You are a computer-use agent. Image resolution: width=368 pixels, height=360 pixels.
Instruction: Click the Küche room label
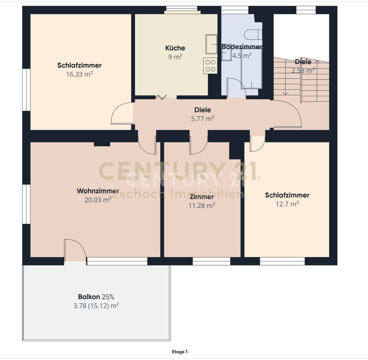click(x=175, y=48)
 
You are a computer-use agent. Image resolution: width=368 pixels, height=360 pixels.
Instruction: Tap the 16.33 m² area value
click(x=79, y=74)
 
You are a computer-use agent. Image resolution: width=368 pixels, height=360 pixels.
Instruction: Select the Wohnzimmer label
click(x=98, y=191)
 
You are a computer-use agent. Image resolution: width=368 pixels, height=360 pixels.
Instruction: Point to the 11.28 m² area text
click(x=202, y=206)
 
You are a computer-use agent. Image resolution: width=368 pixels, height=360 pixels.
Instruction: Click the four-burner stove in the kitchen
click(x=210, y=66)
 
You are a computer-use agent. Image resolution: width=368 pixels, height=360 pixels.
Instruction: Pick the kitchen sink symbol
click(x=211, y=44)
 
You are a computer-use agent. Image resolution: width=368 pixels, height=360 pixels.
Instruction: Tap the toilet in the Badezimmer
click(x=253, y=35)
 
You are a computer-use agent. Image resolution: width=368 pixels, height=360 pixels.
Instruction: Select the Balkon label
click(x=89, y=297)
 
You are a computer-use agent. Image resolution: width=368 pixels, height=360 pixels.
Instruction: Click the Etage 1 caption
click(x=180, y=352)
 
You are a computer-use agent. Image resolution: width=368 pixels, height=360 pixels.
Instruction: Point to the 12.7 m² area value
click(x=287, y=204)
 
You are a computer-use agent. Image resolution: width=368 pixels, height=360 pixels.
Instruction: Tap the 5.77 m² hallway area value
click(x=203, y=119)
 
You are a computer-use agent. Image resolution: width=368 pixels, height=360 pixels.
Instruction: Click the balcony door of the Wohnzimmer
click(x=75, y=250)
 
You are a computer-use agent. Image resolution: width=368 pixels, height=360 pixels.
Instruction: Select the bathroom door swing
click(x=236, y=88)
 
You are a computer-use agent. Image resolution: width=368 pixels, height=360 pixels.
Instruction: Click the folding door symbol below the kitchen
click(x=161, y=97)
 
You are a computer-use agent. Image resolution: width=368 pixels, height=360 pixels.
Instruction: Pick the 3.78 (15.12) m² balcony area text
click(x=96, y=306)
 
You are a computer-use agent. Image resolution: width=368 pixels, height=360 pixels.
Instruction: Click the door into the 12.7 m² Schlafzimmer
click(x=257, y=143)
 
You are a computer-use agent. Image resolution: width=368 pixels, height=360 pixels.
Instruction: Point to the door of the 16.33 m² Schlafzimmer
click(x=122, y=113)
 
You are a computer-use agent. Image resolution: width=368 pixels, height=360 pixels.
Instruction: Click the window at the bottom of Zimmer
click(x=211, y=261)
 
